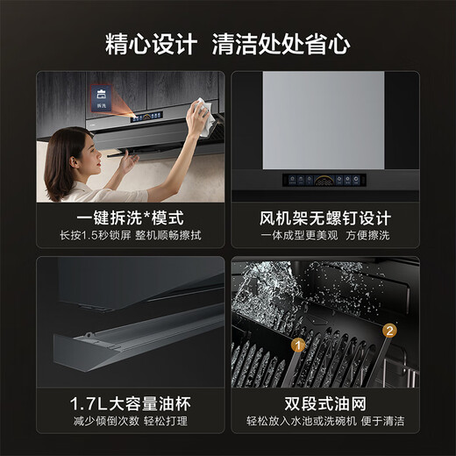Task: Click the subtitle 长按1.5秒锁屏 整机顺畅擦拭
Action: (x=130, y=235)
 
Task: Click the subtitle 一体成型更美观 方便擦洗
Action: (x=325, y=235)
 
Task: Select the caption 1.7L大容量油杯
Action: (x=130, y=403)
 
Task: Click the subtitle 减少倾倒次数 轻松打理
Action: (x=130, y=421)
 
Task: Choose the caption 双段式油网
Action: (x=325, y=403)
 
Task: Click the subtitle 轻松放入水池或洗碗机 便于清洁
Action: (x=325, y=421)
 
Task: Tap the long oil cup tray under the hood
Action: (x=132, y=338)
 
